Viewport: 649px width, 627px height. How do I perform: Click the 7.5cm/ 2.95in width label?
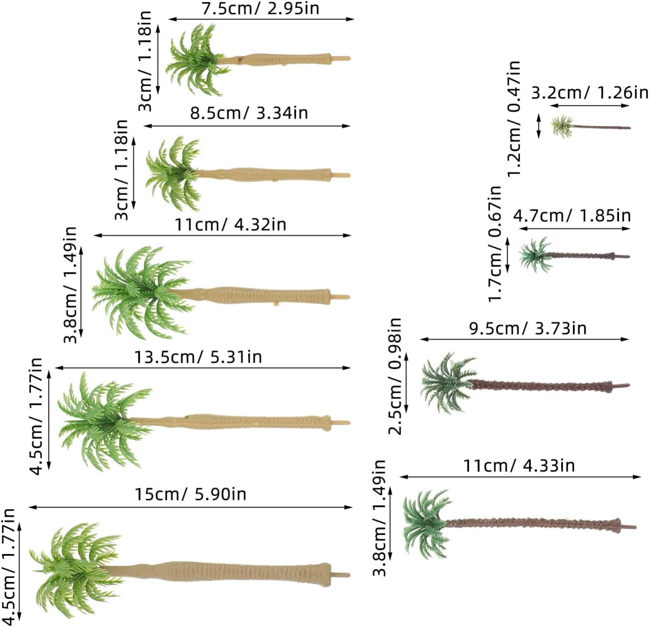click(261, 9)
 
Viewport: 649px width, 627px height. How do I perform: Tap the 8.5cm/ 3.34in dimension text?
click(249, 113)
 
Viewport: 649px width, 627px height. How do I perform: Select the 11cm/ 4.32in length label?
click(230, 225)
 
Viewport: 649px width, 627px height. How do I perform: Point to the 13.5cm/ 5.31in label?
click(198, 357)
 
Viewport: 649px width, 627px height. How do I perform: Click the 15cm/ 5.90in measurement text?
click(190, 494)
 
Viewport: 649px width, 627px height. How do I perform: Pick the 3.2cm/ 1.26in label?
click(589, 93)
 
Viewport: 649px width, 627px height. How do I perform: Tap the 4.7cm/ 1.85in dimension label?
click(572, 216)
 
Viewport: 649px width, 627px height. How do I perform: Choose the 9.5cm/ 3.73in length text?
click(527, 328)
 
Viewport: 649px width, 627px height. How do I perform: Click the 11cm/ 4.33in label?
click(519, 466)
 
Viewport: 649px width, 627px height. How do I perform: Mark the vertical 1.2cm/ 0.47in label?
click(514, 118)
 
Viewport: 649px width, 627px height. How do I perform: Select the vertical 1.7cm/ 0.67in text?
click(495, 243)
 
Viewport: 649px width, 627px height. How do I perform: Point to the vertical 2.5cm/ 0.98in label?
click(395, 376)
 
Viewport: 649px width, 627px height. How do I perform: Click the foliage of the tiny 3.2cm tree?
click(563, 126)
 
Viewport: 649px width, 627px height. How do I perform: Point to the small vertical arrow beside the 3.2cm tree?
click(539, 126)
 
